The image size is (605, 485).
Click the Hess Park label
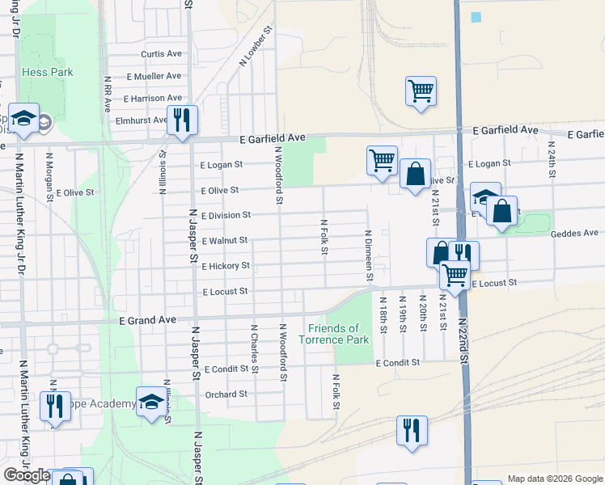pyautogui.click(x=47, y=72)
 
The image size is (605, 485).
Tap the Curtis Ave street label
pyautogui.click(x=161, y=54)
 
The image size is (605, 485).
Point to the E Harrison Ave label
pyautogui.click(x=153, y=99)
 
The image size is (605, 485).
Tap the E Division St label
pyautogui.click(x=226, y=216)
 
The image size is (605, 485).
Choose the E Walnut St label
pyautogui.click(x=224, y=241)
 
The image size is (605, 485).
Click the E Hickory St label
pyautogui.click(x=226, y=266)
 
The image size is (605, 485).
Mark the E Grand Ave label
pyautogui.click(x=147, y=321)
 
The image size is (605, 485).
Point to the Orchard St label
pyautogui.click(x=226, y=394)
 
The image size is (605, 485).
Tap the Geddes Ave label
pyautogui.click(x=573, y=234)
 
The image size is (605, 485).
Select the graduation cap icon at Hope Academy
pyautogui.click(x=150, y=403)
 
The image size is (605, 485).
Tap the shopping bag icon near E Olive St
pyautogui.click(x=415, y=174)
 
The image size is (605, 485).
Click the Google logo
pyautogui.click(x=27, y=475)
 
